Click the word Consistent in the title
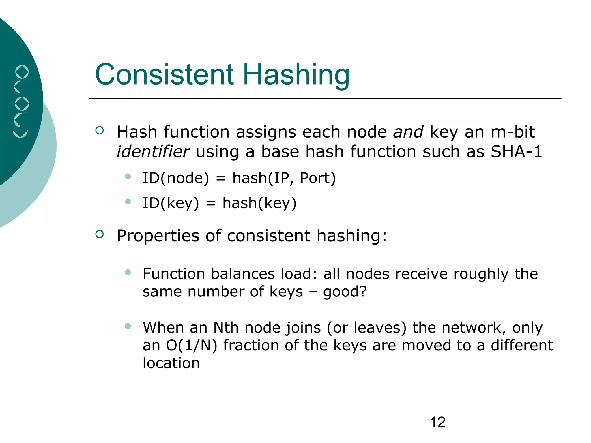tap(164, 74)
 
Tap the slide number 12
tap(437, 422)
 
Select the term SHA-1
tap(516, 151)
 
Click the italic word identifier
tap(153, 151)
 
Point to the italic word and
tap(408, 132)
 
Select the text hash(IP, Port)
tap(284, 178)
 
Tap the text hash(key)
tap(259, 203)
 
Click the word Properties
tap(158, 236)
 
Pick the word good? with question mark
tap(345, 292)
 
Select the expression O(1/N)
tap(191, 345)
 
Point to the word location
tap(171, 363)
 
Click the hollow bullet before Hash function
tap(99, 130)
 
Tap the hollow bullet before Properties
tap(99, 234)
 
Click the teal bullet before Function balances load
tap(128, 272)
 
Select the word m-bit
tap(513, 132)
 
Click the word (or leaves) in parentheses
tap(366, 328)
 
